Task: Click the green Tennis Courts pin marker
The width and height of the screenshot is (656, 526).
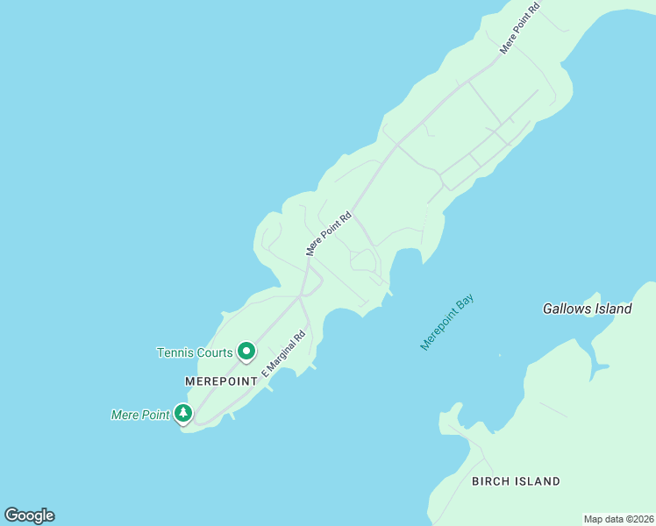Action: coord(246,352)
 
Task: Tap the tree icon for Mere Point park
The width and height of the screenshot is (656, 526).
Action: coord(182,413)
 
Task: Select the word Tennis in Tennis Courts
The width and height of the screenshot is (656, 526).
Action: coord(175,353)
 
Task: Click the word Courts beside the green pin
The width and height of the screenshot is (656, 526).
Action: coord(215,353)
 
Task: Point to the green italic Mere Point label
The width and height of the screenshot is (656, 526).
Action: coord(139,415)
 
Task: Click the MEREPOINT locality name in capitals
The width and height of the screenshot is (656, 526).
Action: coord(221,381)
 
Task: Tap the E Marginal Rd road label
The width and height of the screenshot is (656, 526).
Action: coord(282,353)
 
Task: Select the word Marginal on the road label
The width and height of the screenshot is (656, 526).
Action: coord(287,349)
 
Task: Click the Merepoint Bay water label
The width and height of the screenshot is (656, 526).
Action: coord(447,323)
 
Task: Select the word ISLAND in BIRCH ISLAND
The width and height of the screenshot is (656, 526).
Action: coord(538,481)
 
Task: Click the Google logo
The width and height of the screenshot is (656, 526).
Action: coord(29,515)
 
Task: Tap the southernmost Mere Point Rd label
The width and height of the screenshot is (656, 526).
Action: coord(328,233)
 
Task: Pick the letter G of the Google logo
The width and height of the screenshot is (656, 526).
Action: coord(11,515)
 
